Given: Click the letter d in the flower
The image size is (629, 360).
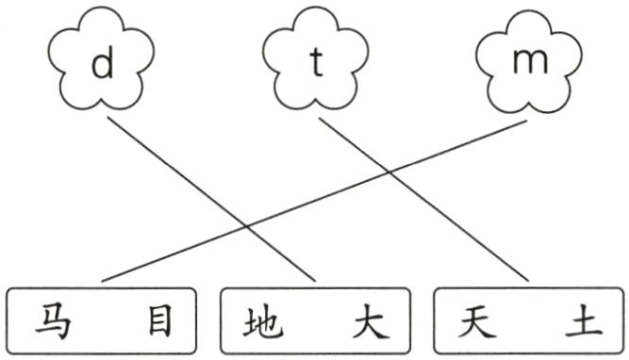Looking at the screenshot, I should tap(104, 63).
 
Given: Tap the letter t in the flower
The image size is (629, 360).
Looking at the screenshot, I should tap(317, 63).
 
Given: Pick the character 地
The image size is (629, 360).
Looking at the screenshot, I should tap(261, 323).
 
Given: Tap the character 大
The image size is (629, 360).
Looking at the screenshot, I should tap(369, 323).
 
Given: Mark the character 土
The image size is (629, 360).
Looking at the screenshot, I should tap(582, 323).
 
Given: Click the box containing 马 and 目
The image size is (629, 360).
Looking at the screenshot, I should tap(103, 321).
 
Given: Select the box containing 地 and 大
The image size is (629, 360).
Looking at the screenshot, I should tap(316, 321).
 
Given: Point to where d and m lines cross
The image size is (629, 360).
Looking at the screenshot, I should tap(247, 226).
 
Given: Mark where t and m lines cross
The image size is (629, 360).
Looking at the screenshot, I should tap(389, 172).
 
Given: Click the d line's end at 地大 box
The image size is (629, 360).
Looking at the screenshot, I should tap(313, 280).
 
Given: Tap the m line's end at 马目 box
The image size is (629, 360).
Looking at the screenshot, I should tap(102, 281).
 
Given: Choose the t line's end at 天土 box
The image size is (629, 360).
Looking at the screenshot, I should tap(524, 280).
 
